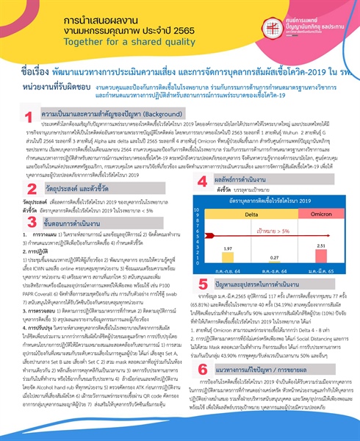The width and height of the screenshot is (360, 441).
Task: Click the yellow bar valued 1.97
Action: (x=209, y=261)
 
